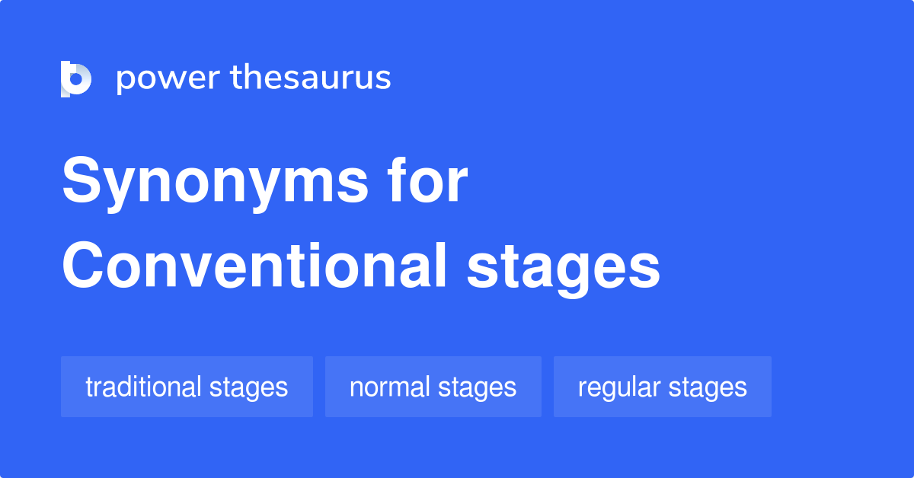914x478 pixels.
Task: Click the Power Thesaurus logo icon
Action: pyautogui.click(x=75, y=78)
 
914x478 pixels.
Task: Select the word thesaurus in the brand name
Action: pyautogui.click(x=311, y=78)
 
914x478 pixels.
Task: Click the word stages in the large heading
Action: pyautogui.click(x=563, y=268)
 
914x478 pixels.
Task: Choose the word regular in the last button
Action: pyautogui.click(x=618, y=388)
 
